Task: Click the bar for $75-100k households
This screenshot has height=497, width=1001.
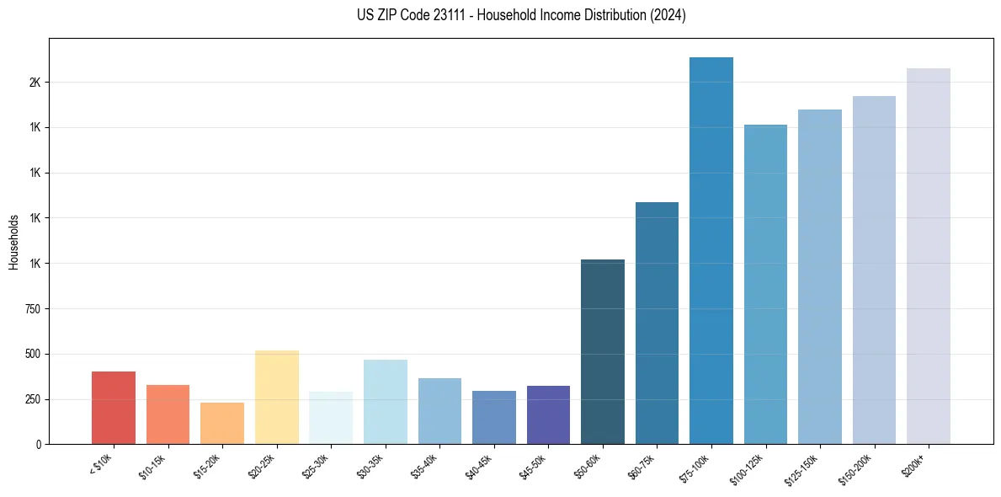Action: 711,250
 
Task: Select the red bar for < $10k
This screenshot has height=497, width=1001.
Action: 114,408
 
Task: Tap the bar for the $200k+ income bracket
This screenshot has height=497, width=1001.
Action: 929,256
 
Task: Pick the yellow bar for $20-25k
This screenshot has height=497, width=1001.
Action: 277,397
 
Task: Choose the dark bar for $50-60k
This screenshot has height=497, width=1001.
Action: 603,351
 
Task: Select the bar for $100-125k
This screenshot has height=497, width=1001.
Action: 765,284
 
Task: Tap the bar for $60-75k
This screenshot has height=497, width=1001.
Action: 657,323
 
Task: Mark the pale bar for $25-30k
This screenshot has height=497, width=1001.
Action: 331,418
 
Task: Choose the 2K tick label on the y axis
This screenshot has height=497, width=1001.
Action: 35,83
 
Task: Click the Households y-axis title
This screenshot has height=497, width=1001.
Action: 13,242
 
